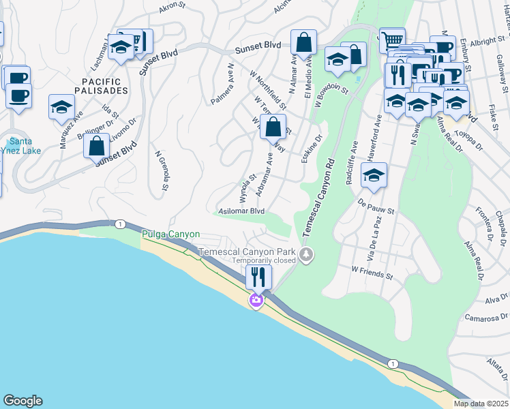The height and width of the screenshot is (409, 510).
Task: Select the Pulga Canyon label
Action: coord(170,234)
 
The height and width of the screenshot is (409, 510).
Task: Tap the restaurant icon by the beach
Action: coord(258,276)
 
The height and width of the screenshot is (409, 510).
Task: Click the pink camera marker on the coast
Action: coord(256,300)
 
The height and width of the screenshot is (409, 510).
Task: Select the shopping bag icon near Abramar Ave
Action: coord(273,126)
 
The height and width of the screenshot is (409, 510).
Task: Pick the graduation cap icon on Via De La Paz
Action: coord(374,176)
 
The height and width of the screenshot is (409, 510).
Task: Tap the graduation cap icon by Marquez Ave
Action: coord(61,107)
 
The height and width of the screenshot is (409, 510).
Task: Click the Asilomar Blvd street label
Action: coord(241,211)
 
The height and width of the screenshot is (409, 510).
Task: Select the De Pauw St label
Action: coord(376,207)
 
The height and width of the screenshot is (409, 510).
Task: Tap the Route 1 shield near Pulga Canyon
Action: coord(120,224)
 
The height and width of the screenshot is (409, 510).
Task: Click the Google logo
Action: coord(22,401)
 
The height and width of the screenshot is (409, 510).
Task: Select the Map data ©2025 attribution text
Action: coord(481,404)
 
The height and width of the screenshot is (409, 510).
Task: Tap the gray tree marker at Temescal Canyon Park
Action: coord(306,255)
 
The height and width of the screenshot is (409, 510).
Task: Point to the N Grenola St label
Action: coord(164,171)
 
